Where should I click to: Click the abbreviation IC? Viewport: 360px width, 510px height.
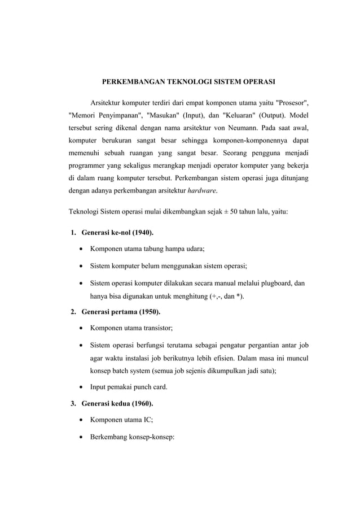point(147,421)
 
